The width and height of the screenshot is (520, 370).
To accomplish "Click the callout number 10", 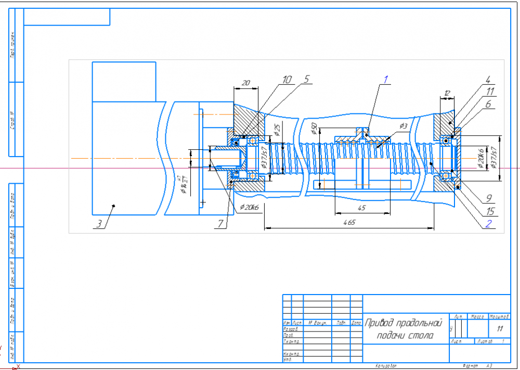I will tap(287, 80).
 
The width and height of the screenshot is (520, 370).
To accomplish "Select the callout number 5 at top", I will tap(306, 80).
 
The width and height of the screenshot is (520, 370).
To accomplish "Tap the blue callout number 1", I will tap(385, 80).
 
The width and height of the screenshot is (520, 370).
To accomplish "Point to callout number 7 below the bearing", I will tap(220, 223).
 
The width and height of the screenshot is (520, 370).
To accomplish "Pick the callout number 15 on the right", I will tap(489, 212).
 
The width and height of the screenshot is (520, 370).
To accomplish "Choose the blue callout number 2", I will tap(488, 224).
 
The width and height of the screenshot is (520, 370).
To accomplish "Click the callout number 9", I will tap(489, 198).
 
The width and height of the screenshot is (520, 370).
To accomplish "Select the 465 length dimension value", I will tap(349, 223).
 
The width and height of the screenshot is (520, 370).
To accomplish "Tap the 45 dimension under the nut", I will tap(362, 208).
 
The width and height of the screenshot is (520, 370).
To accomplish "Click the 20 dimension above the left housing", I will tap(246, 83).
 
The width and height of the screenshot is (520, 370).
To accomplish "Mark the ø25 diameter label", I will tap(278, 130).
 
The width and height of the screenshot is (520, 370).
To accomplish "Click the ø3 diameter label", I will tap(403, 126).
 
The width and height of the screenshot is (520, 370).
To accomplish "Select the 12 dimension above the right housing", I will tap(446, 93).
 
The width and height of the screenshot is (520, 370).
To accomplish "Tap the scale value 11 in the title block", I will tap(500, 328).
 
